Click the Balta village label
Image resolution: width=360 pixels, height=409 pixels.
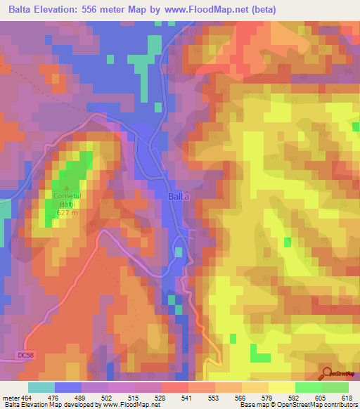179,197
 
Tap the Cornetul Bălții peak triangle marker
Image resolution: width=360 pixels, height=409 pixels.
67,188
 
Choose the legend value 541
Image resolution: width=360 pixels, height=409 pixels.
187,398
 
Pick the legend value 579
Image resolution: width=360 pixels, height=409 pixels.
266,398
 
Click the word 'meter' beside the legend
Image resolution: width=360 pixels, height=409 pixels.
11,398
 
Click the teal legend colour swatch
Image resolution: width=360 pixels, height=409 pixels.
41,387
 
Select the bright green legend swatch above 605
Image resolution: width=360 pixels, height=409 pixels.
309,387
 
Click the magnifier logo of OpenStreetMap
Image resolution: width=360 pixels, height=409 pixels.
327,373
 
